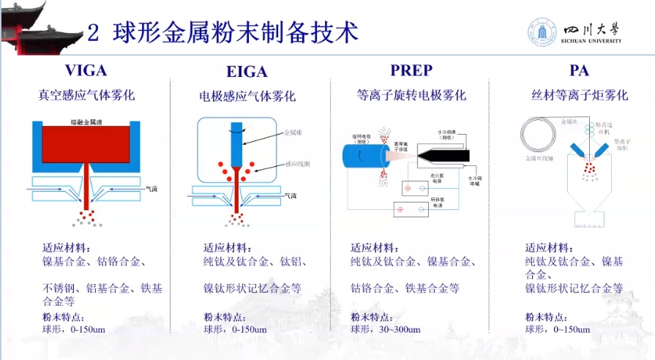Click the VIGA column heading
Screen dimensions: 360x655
pyautogui.click(x=86, y=71)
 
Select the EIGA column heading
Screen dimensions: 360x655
pyautogui.click(x=247, y=72)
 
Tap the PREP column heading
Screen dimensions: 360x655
pyautogui.click(x=411, y=71)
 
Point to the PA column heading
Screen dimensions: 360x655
pyautogui.click(x=579, y=71)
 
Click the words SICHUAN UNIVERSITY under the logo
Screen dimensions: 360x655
pyautogui.click(x=593, y=42)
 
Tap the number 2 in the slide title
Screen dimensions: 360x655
pyautogui.click(x=93, y=32)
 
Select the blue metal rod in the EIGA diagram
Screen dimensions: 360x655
pyautogui.click(x=235, y=142)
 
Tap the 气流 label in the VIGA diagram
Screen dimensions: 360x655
pyautogui.click(x=152, y=189)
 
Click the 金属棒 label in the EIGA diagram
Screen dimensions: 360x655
pyautogui.click(x=291, y=133)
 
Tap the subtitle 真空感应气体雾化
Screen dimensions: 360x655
pyautogui.click(x=86, y=95)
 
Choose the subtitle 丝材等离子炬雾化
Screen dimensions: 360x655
pyautogui.click(x=579, y=95)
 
